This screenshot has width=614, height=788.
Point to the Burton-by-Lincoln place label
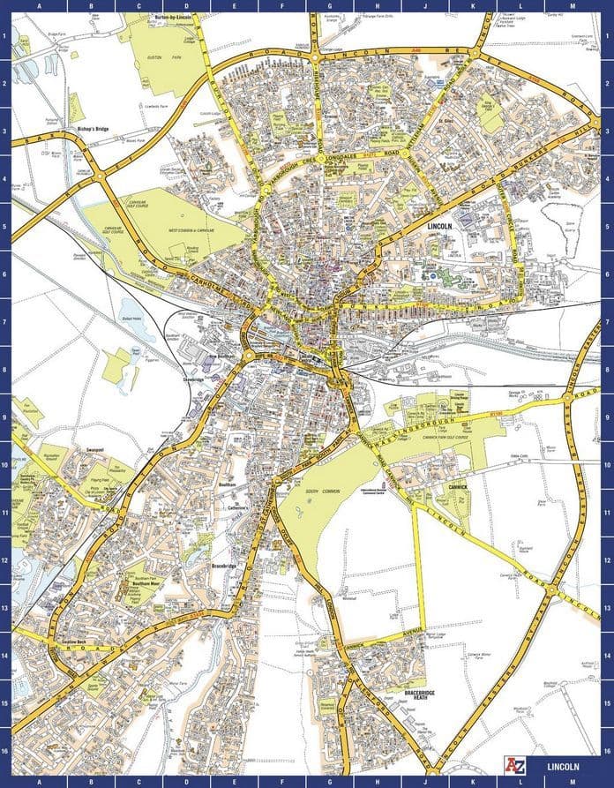tap(173, 18)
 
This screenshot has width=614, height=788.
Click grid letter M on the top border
tap(572, 6)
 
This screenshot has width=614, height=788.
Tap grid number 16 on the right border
tap(608, 751)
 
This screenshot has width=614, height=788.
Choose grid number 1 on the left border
tap(5, 36)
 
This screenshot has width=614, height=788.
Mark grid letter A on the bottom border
tap(39, 782)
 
